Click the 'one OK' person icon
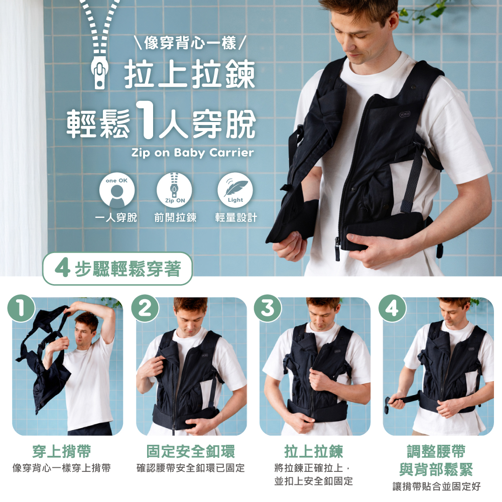(x=116, y=190)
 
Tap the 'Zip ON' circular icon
(x=174, y=190)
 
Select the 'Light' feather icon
(x=235, y=190)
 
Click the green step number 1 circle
(x=21, y=308)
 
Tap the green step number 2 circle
(x=145, y=308)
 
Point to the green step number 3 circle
(x=268, y=308)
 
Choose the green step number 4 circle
(x=392, y=308)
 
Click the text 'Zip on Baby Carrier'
(x=193, y=153)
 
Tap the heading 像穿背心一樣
(x=190, y=43)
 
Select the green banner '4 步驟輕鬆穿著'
(x=117, y=269)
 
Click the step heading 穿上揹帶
(x=61, y=451)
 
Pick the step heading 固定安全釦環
(x=190, y=451)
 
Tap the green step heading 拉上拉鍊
(x=313, y=451)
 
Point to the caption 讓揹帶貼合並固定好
(x=437, y=486)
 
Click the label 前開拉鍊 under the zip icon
(x=175, y=218)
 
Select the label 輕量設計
(x=236, y=218)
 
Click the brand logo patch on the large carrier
(x=405, y=113)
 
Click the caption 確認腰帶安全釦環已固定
(x=190, y=468)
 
